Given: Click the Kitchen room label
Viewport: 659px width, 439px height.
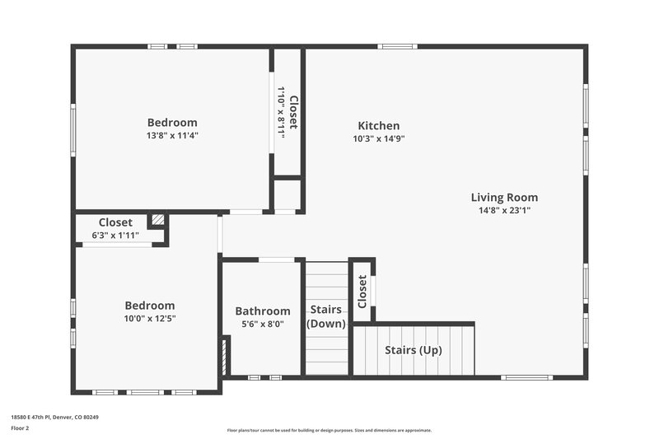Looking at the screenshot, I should click(x=378, y=126).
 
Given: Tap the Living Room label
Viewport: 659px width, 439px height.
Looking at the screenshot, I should click(x=504, y=198).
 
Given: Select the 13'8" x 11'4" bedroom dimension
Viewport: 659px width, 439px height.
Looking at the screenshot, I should click(x=172, y=135).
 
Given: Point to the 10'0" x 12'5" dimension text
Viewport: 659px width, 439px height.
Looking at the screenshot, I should click(x=150, y=318).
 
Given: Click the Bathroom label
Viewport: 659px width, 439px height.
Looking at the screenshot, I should click(x=263, y=311).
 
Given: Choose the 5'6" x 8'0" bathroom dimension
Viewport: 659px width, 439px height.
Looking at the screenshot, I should click(x=263, y=325).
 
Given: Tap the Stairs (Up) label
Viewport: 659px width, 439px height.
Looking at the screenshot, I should click(x=414, y=350).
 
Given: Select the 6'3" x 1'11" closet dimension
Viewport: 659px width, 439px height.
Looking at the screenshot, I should click(x=115, y=235).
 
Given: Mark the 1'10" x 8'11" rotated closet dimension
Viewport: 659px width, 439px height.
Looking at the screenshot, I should click(x=281, y=112).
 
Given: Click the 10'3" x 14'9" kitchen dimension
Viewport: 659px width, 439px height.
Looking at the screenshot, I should click(x=378, y=138).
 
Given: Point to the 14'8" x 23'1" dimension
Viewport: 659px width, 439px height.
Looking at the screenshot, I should click(x=504, y=210).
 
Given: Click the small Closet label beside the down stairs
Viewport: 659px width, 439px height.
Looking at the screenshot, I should click(x=362, y=292).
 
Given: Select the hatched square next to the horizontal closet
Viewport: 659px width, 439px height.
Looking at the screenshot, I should click(x=157, y=221).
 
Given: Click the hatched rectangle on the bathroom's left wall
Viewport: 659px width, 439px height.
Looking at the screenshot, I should click(x=225, y=356).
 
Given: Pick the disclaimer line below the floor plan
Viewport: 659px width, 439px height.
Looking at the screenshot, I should click(x=329, y=430).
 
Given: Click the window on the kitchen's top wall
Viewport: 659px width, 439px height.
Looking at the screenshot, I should click(x=397, y=46).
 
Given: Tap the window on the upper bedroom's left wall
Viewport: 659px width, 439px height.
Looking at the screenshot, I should click(x=72, y=129).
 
